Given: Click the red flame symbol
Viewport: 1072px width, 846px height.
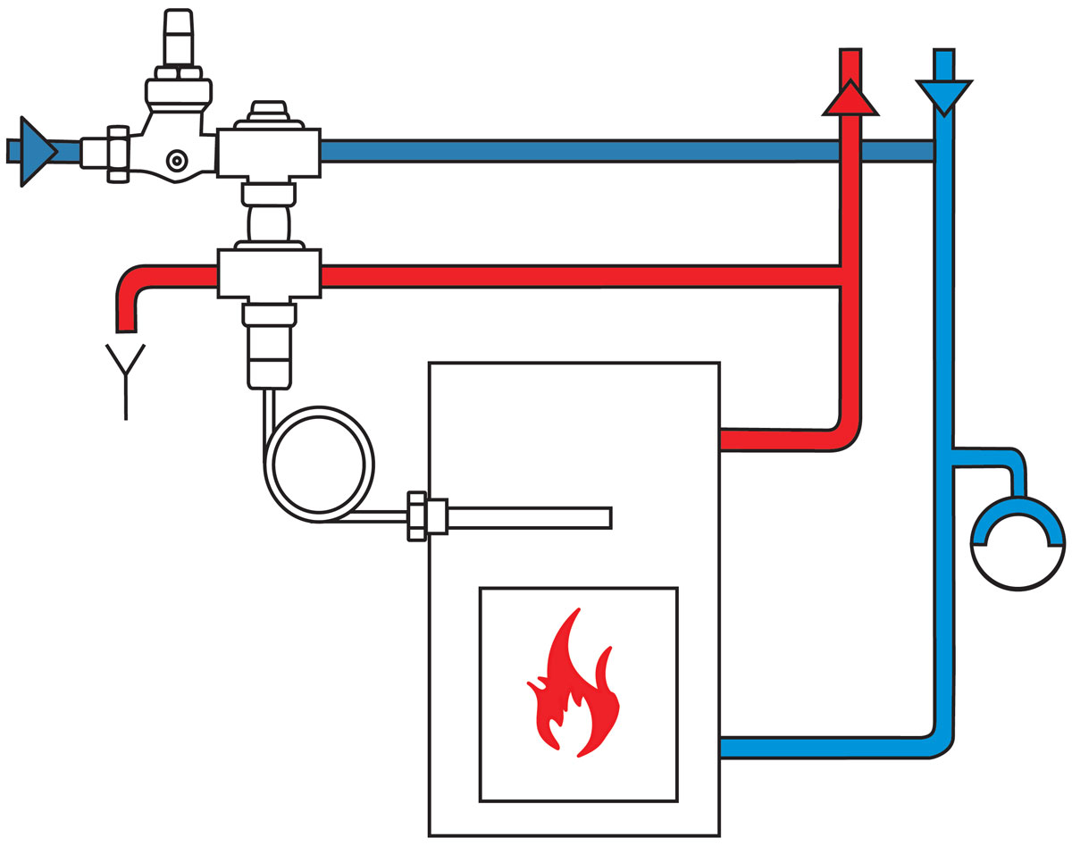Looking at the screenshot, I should click(573, 688).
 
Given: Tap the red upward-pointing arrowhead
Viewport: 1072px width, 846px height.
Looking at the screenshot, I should click(850, 99).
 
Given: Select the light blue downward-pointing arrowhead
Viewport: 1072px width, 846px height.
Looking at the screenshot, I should click(943, 95).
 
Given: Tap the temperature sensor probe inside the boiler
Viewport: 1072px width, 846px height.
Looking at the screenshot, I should click(527, 517).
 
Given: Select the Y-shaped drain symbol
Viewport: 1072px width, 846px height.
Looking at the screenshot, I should click(125, 375).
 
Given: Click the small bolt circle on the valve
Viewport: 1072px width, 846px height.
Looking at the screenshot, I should click(178, 161).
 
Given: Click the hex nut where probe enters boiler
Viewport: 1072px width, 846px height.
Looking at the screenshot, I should click(427, 516).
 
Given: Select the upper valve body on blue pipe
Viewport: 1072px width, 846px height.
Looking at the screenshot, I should click(268, 151).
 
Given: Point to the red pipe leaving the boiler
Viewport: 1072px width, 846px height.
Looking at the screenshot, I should click(777, 440).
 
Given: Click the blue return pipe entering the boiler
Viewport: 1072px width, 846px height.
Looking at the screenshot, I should click(822, 747).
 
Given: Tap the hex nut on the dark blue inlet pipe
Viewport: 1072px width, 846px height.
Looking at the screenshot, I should click(118, 154).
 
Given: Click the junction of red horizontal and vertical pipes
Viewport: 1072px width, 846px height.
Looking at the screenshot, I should click(850, 276).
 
